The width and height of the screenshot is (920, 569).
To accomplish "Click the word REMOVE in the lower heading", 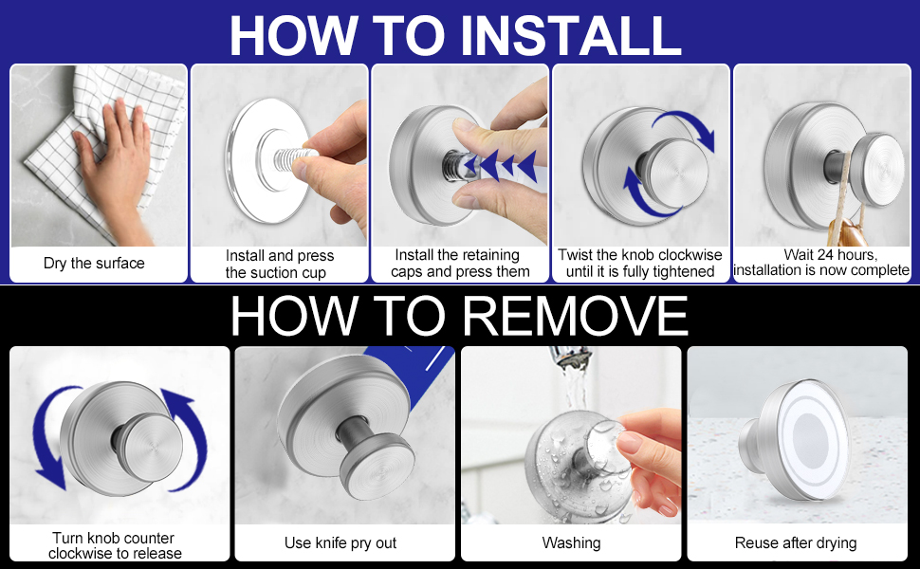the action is [576, 316].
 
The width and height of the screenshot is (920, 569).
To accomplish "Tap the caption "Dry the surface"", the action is [94, 264].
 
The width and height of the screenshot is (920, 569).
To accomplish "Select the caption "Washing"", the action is [571, 543].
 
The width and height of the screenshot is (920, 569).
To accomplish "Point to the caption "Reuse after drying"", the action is [796, 543].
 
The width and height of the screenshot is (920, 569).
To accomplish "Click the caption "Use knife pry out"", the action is [340, 543].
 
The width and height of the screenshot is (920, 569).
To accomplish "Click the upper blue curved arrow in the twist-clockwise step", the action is [687, 124].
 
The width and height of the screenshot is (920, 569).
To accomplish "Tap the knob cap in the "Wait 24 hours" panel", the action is [877, 170].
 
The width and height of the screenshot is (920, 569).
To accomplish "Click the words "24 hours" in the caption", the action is [844, 255].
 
